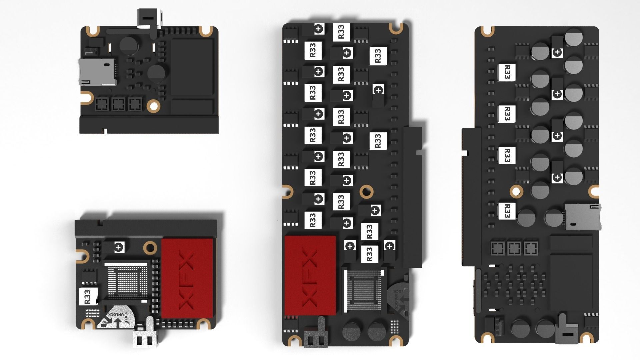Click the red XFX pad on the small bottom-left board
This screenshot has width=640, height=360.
tap(187, 278)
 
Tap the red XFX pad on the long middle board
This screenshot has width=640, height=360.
tap(310, 276)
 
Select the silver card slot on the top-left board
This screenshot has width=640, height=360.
tap(97, 72)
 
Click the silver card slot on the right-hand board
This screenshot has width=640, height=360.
tap(583, 217)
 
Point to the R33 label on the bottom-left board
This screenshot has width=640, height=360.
tap(88, 296)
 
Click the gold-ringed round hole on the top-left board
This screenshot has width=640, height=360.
tap(154, 106)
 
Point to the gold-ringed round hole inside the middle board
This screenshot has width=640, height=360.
tap(367, 191)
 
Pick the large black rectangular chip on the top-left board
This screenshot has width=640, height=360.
tap(192, 67)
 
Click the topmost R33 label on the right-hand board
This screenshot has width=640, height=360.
tap(506, 72)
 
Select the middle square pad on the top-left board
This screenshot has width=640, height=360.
tap(118, 104)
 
